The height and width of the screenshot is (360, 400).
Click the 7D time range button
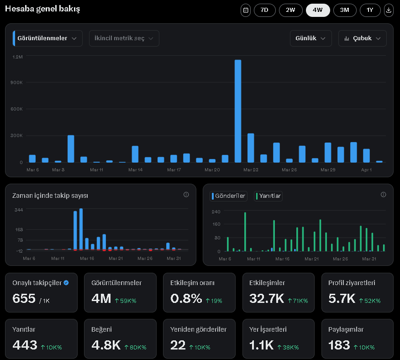pyautogui.click(x=264, y=10)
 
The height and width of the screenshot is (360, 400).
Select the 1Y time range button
pyautogui.click(x=370, y=10)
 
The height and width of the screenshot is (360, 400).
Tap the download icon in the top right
pyautogui.click(x=389, y=10)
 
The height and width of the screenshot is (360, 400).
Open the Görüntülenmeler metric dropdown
pyautogui.click(x=48, y=38)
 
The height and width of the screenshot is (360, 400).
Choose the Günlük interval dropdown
pyautogui.click(x=311, y=38)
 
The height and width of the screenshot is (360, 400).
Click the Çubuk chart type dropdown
pyautogui.click(x=363, y=38)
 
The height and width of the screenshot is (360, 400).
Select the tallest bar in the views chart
pyautogui.click(x=237, y=111)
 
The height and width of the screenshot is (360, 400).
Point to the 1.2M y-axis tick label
pyautogui.click(x=18, y=57)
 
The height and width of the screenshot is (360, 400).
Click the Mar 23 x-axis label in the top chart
pyautogui.click(x=251, y=169)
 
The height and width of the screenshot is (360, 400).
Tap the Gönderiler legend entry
pyautogui.click(x=228, y=196)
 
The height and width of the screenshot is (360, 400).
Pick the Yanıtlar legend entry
pyautogui.click(x=268, y=196)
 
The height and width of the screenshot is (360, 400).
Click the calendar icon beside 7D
pyautogui.click(x=246, y=10)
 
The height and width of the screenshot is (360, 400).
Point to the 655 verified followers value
pyautogui.click(x=24, y=299)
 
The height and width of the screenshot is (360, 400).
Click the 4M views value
pyautogui.click(x=101, y=299)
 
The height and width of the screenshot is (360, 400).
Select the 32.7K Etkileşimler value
pyautogui.click(x=267, y=299)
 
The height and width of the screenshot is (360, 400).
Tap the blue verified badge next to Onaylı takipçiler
pyautogui.click(x=66, y=283)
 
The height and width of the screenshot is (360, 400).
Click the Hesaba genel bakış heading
pyautogui.click(x=42, y=9)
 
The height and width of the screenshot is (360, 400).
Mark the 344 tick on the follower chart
pyautogui.click(x=19, y=210)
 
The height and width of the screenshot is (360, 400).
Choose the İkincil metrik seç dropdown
pyautogui.click(x=124, y=38)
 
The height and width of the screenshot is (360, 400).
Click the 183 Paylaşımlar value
pyautogui.click(x=339, y=345)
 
